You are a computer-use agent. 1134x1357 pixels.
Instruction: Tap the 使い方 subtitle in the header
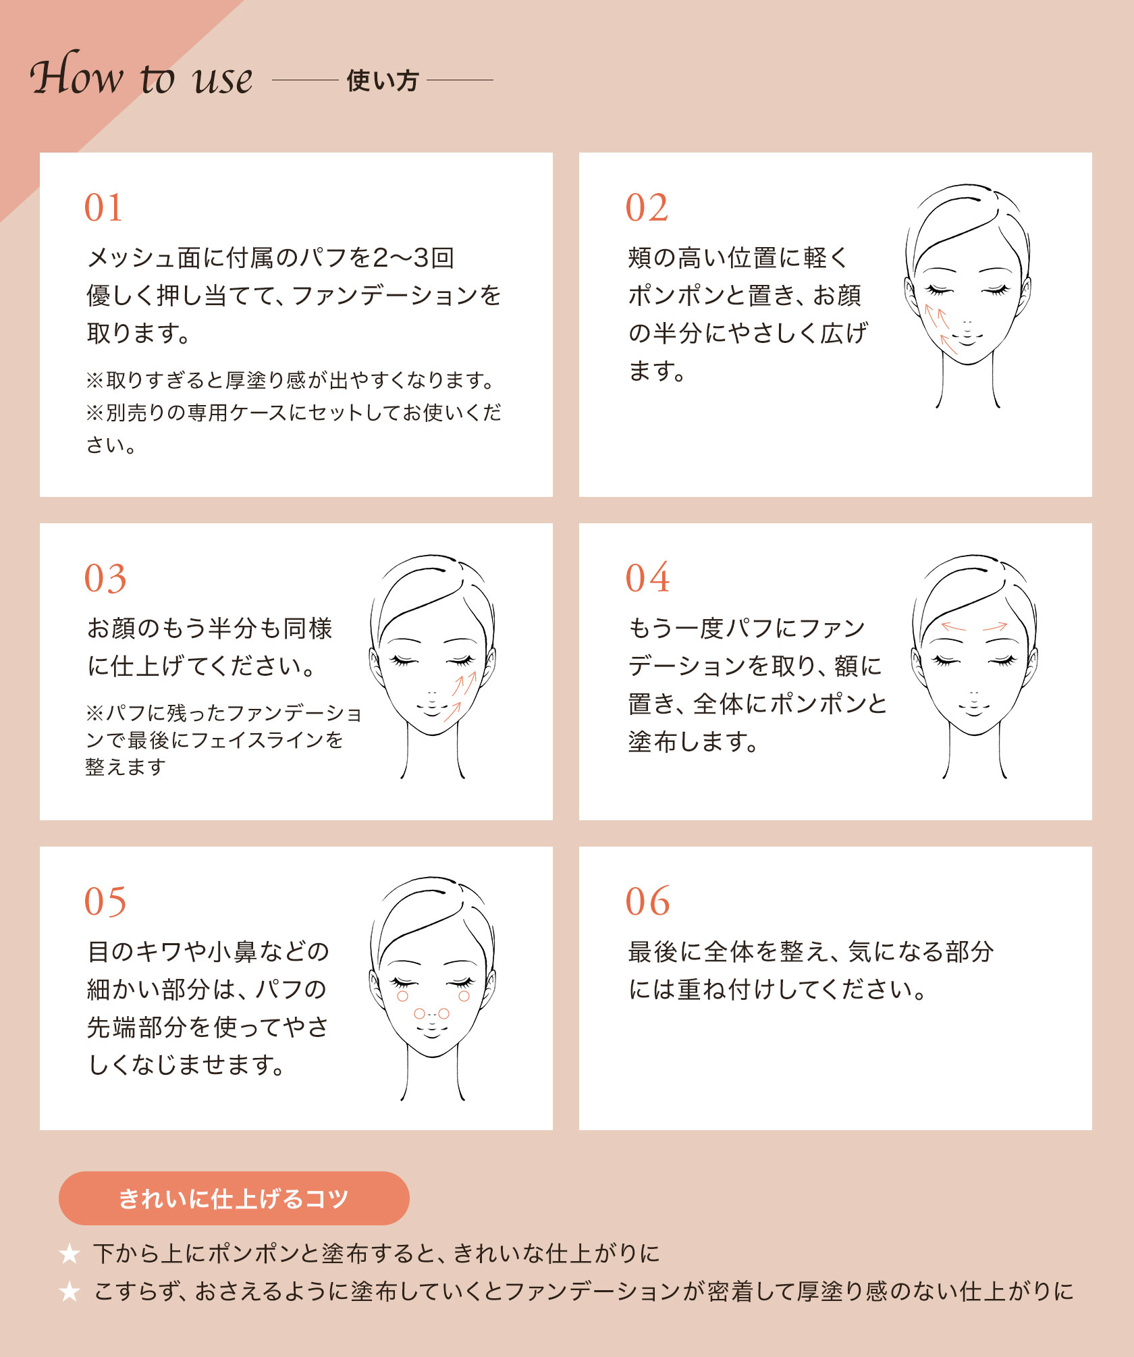382,81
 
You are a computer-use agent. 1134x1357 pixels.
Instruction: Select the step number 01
103,207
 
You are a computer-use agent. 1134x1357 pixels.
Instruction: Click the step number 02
647,207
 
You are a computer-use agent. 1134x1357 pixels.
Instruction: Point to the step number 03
105,579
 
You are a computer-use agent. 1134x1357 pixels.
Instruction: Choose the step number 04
647,579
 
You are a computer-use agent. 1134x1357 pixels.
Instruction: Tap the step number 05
105,902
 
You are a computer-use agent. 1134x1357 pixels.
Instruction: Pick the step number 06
647,902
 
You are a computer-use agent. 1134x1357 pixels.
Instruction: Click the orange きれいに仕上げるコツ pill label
234,1198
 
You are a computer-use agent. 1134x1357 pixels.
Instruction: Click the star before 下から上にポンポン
70,1254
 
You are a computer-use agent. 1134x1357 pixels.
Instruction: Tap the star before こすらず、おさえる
70,1292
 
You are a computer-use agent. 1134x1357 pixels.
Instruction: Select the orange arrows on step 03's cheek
460,695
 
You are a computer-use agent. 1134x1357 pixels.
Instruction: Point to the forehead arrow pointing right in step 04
995,627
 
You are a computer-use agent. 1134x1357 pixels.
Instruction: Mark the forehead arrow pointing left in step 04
953,627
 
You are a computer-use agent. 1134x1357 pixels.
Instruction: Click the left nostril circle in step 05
419,1014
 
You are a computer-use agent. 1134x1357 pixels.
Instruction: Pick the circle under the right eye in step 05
464,996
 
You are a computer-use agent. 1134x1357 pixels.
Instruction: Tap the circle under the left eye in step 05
403,996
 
